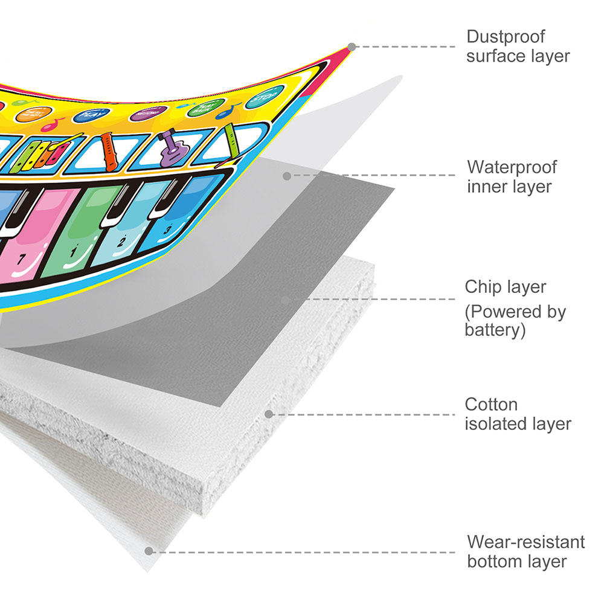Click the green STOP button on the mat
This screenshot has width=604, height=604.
[x=261, y=97]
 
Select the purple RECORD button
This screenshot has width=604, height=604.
[x=147, y=112]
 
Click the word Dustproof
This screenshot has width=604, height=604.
[x=506, y=36]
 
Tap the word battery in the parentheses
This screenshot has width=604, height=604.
[x=492, y=330]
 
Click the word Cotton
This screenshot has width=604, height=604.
[x=491, y=404]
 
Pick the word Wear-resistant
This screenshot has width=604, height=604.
[x=526, y=542]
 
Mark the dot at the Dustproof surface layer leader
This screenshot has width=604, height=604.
[x=352, y=47]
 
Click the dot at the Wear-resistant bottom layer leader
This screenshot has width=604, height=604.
[x=148, y=551]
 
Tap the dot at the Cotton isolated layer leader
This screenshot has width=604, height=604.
[x=269, y=414]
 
